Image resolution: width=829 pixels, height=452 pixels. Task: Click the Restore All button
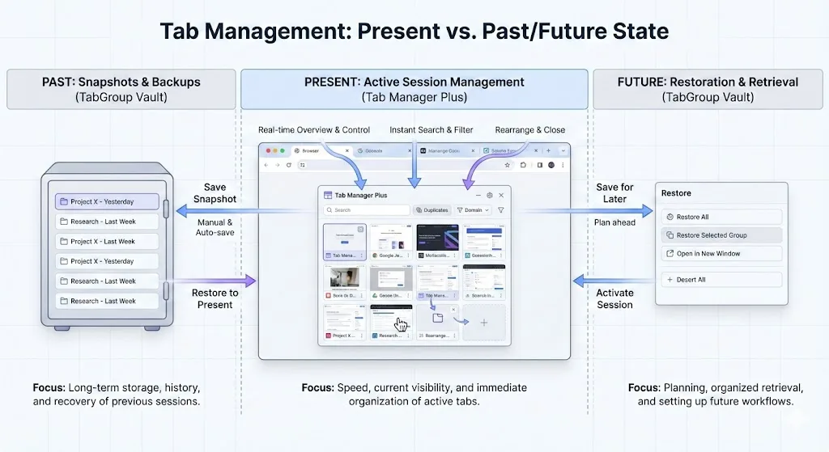click(721, 217)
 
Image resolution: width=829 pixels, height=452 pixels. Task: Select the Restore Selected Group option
click(721, 235)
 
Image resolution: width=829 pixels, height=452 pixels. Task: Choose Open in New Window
click(721, 254)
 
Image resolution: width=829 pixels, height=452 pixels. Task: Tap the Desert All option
click(721, 280)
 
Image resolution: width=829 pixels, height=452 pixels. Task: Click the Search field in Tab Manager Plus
click(367, 210)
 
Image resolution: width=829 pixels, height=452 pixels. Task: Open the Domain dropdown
click(473, 210)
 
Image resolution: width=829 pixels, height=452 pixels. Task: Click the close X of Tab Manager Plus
click(501, 195)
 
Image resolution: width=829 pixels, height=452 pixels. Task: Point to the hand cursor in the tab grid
click(401, 323)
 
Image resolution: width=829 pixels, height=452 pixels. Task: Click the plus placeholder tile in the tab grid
click(484, 322)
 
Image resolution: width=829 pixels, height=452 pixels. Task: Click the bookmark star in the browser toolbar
click(508, 165)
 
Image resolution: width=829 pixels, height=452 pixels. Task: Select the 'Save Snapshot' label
click(215, 193)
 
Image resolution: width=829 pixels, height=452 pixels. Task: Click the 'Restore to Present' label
click(215, 299)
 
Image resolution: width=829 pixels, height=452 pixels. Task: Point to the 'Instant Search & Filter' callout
click(431, 129)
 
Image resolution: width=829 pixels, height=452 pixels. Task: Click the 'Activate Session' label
click(614, 299)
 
